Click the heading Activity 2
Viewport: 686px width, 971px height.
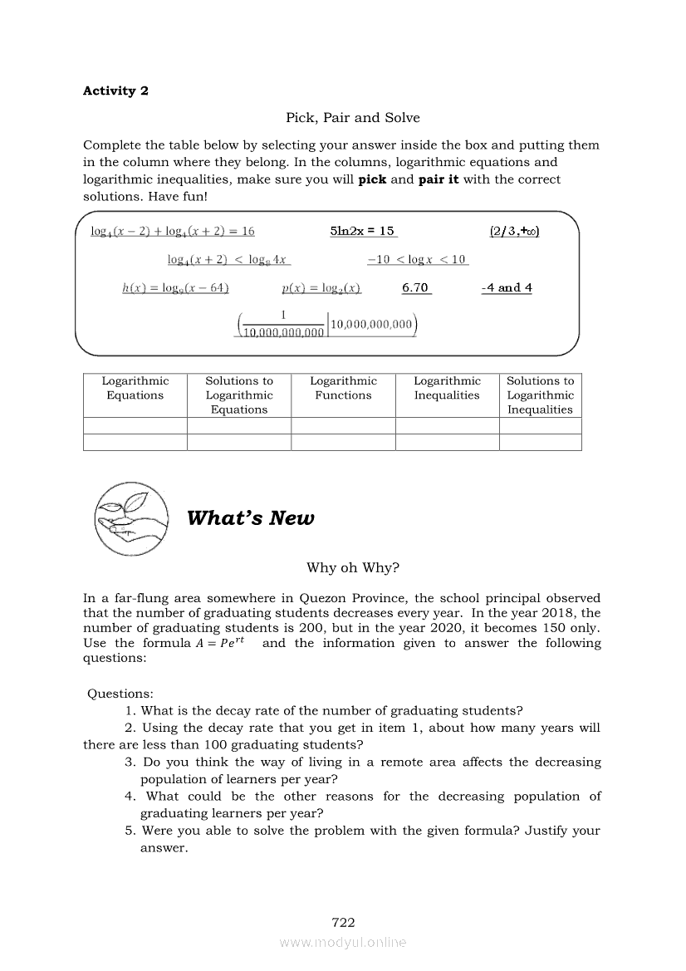point(115,91)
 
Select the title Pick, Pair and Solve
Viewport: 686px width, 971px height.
point(353,118)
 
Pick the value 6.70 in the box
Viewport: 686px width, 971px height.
point(415,287)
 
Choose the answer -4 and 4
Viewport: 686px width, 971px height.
point(507,287)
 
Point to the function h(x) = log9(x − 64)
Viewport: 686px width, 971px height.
point(175,287)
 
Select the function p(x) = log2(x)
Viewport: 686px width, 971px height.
point(321,287)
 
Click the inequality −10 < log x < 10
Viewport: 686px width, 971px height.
point(417,260)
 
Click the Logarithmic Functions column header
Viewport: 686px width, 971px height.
point(343,388)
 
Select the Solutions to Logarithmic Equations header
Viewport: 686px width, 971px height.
point(239,395)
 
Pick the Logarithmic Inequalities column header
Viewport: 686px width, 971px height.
point(447,388)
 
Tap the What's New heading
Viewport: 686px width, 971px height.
point(251,518)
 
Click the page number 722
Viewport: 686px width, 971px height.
point(343,922)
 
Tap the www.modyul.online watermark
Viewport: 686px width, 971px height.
point(343,942)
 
